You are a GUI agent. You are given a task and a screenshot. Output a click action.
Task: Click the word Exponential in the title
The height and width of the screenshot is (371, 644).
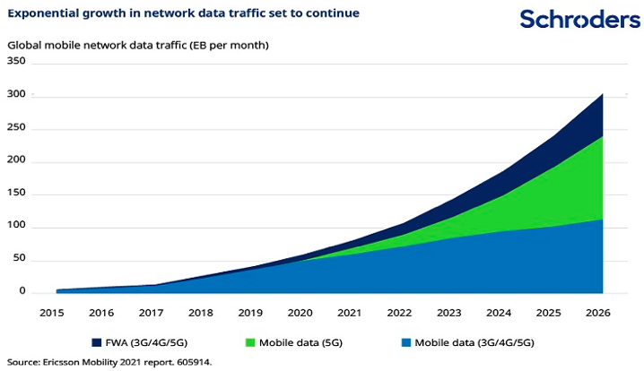click(44, 13)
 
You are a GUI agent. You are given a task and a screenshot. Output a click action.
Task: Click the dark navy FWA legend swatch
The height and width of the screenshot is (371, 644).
click(95, 341)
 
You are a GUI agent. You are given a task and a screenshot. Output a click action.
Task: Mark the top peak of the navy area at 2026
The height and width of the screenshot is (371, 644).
click(602, 93)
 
